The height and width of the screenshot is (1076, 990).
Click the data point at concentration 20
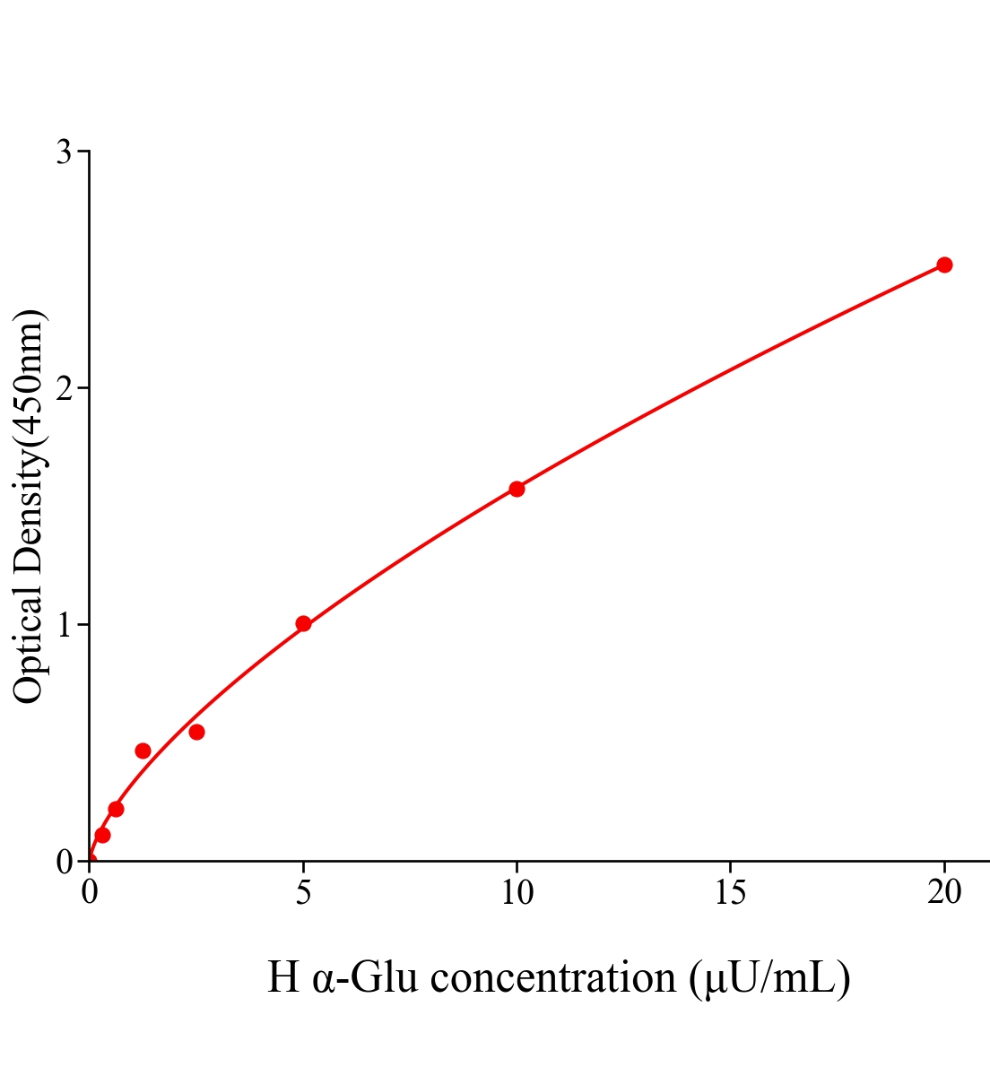click(x=944, y=265)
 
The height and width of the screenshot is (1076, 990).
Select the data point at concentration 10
click(x=517, y=489)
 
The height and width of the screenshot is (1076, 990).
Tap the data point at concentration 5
click(x=303, y=623)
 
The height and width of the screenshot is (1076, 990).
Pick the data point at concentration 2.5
click(x=196, y=732)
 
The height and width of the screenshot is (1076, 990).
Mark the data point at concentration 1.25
click(x=143, y=751)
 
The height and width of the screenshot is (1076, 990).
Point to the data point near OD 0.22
click(x=116, y=809)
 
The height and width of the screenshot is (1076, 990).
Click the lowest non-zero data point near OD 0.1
click(x=102, y=835)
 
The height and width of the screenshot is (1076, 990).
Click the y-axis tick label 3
click(x=64, y=152)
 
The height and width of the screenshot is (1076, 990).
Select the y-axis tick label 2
click(x=64, y=388)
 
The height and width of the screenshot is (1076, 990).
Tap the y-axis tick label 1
click(x=64, y=624)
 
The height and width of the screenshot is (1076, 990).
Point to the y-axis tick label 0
click(x=64, y=862)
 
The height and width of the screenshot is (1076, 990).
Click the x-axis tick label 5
click(x=303, y=892)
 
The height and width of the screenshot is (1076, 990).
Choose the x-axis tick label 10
click(x=517, y=892)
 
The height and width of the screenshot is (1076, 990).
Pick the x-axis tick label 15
click(x=731, y=892)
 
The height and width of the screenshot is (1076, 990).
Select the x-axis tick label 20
click(x=944, y=892)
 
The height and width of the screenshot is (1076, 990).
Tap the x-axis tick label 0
click(x=90, y=892)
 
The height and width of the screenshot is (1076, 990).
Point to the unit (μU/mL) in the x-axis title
click(x=770, y=977)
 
